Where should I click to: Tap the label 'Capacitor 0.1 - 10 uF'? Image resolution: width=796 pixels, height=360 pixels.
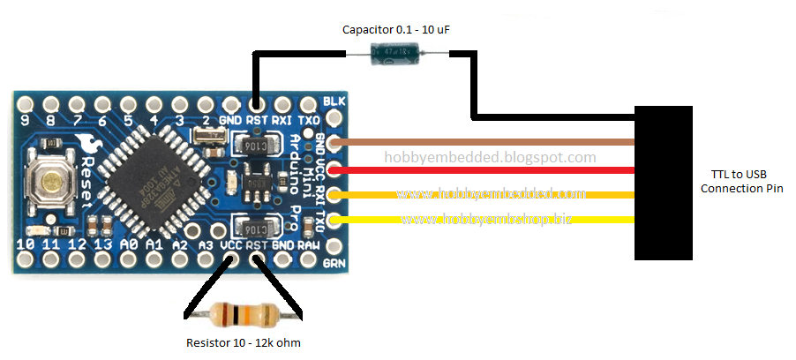(x=398, y=30)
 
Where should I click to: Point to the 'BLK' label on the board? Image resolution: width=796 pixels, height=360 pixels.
(x=334, y=101)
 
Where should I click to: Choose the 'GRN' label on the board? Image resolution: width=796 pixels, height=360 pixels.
(x=334, y=262)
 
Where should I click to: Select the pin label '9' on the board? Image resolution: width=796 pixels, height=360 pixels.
(x=26, y=120)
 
